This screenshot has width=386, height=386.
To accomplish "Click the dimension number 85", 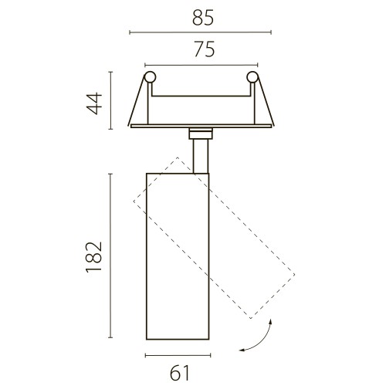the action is coord(203,18).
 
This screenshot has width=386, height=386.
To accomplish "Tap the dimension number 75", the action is coord(205,49).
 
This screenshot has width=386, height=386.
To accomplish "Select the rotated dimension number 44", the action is coord(94,103).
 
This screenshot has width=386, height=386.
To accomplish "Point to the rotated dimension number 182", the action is coord(93,257).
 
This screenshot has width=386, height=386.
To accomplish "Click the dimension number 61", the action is coord(180,373).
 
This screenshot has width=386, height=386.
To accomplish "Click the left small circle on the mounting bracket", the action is coord(150,77).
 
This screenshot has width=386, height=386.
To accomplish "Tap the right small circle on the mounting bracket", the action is coord(252,77).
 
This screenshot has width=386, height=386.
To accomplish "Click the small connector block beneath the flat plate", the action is coord(201,134).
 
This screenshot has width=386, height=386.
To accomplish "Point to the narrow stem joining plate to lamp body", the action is coord(201,156).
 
